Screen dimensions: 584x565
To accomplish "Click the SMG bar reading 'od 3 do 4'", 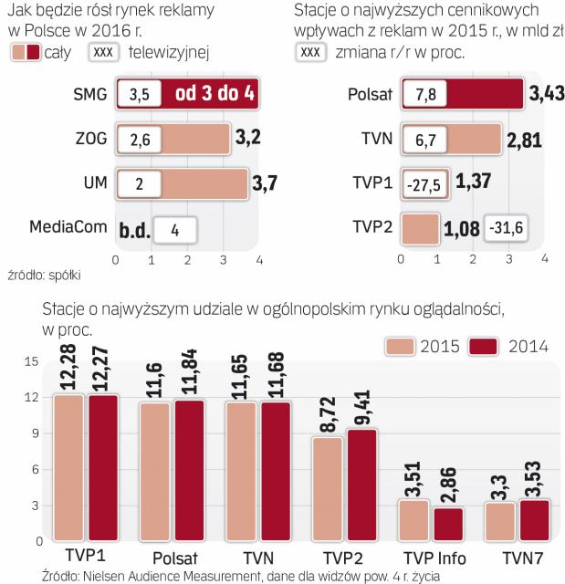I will coord(215,94).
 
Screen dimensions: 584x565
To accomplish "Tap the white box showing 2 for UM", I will coord(139,182).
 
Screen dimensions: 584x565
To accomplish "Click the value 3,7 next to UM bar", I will coord(264,182).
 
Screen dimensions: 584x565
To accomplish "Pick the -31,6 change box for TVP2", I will coord(505,226).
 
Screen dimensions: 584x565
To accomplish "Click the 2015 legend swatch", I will coord(400,346).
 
